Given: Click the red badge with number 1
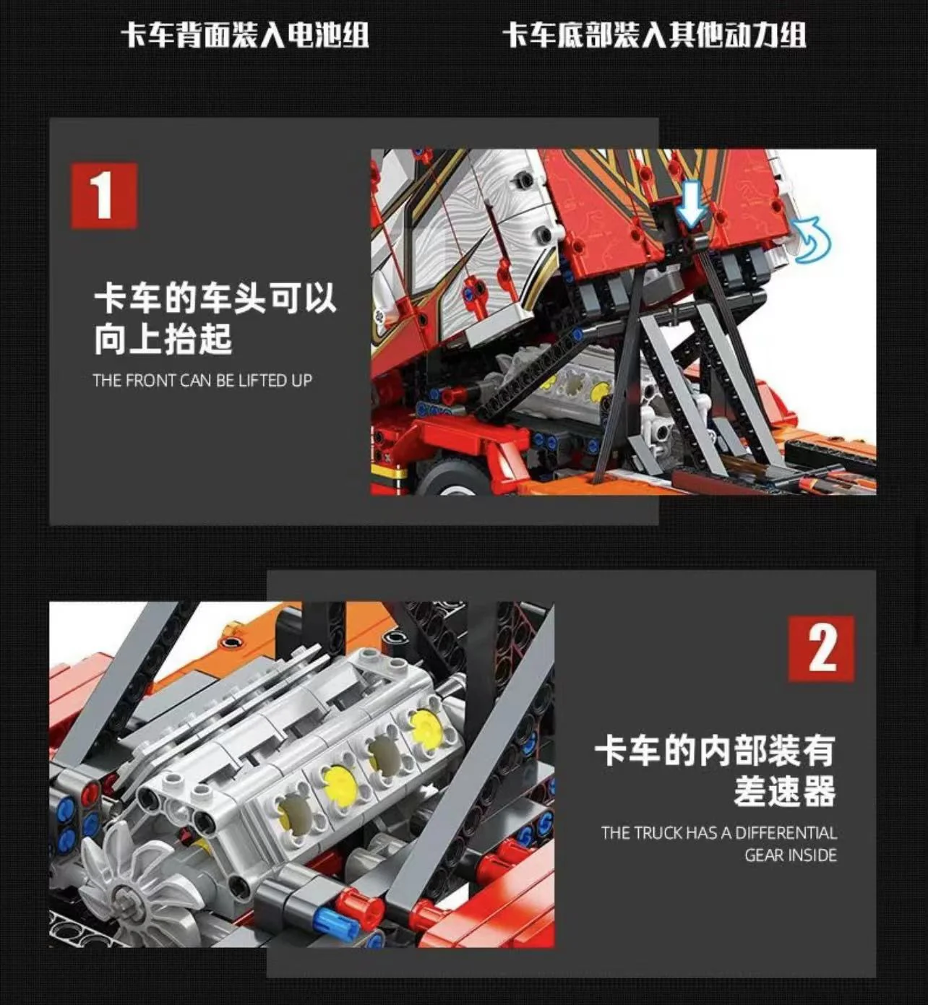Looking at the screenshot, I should [x=103, y=196].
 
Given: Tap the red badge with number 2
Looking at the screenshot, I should [x=821, y=649].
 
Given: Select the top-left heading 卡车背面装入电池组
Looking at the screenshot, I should [x=245, y=35].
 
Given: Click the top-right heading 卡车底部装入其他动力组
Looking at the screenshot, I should [x=654, y=35].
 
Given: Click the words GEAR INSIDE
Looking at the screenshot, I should [x=790, y=855].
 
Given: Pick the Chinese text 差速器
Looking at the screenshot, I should [x=784, y=791].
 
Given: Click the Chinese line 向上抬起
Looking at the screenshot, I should [x=163, y=338].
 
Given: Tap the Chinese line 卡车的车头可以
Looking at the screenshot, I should [x=215, y=298].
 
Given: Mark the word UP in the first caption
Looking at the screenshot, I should [x=301, y=380].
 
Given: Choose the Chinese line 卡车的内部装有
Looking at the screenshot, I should [x=714, y=751].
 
